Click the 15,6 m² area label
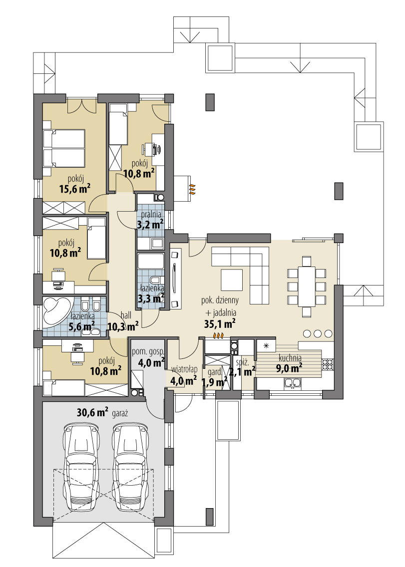[x=74, y=188]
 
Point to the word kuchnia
[x=290, y=358]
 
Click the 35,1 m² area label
[x=220, y=323]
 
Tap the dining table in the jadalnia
[x=307, y=283]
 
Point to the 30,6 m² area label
[x=93, y=412]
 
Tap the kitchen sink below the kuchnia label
[x=294, y=383]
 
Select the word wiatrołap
[x=184, y=369]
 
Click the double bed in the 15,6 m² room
[x=64, y=149]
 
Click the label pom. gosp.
[x=148, y=351]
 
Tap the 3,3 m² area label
[x=151, y=298]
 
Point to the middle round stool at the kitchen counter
[x=318, y=333]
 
